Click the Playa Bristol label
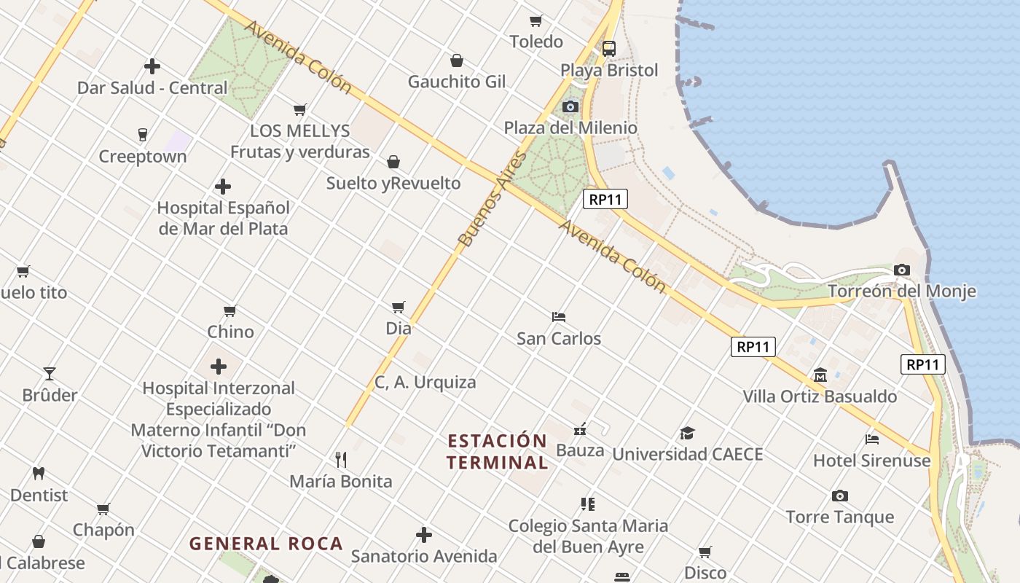(608, 71)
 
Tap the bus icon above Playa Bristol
(608, 49)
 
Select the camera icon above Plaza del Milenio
(570, 107)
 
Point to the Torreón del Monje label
(902, 291)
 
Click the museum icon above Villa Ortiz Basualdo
(820, 375)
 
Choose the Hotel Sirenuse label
(871, 461)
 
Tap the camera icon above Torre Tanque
(839, 496)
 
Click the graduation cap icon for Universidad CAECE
(687, 434)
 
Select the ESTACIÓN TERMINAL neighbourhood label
(497, 451)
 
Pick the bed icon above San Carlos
(559, 317)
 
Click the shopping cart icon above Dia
(398, 307)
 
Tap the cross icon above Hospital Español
(223, 187)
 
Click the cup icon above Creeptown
(143, 135)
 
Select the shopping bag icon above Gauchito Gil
(456, 60)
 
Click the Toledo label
(536, 42)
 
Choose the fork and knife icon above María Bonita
(340, 459)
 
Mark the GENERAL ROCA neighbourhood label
(266, 544)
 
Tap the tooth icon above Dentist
(39, 473)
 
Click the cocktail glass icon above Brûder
(50, 374)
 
